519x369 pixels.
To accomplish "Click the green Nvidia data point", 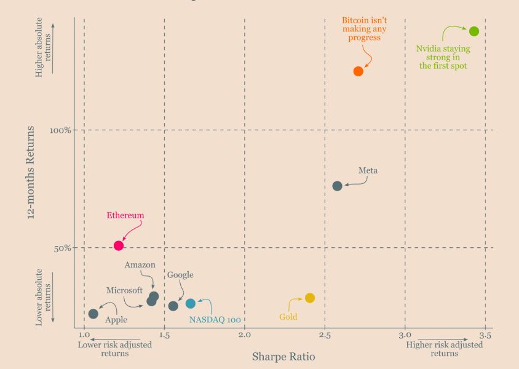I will pos(473,31).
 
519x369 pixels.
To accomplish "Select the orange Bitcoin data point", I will pos(359,71).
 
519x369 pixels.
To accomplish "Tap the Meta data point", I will pos(337,186).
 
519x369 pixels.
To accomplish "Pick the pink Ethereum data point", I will pos(119,245).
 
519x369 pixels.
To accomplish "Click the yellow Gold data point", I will pos(310,298).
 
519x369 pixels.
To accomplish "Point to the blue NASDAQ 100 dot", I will pos(191,304).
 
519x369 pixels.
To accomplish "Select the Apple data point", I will pos(93,314).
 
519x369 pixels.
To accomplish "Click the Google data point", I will pos(173,306).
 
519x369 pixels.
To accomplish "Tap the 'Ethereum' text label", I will pos(125,216).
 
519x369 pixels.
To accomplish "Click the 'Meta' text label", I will pos(368,171).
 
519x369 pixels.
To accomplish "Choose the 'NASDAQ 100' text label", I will pos(215,320).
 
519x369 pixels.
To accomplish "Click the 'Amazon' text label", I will pos(140,265).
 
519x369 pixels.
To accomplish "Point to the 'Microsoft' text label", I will pos(124,290).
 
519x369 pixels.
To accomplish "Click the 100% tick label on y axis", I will pos(60,130).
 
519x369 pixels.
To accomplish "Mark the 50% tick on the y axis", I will pos(62,248).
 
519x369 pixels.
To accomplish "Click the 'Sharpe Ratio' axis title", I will pos(283,356).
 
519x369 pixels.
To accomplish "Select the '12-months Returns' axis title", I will pos(31,173).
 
